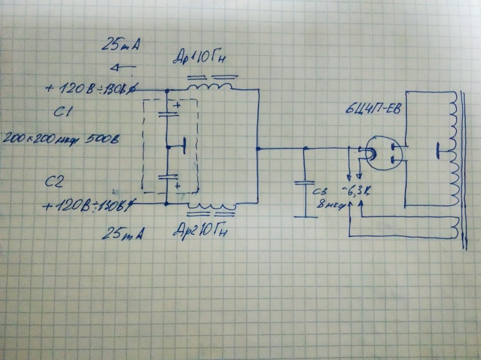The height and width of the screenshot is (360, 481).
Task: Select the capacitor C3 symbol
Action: (305, 185)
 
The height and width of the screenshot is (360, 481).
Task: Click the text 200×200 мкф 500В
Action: (61, 139)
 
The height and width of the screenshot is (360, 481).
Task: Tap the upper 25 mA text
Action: (120, 47)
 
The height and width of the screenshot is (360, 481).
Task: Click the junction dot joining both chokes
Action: (259, 149)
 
